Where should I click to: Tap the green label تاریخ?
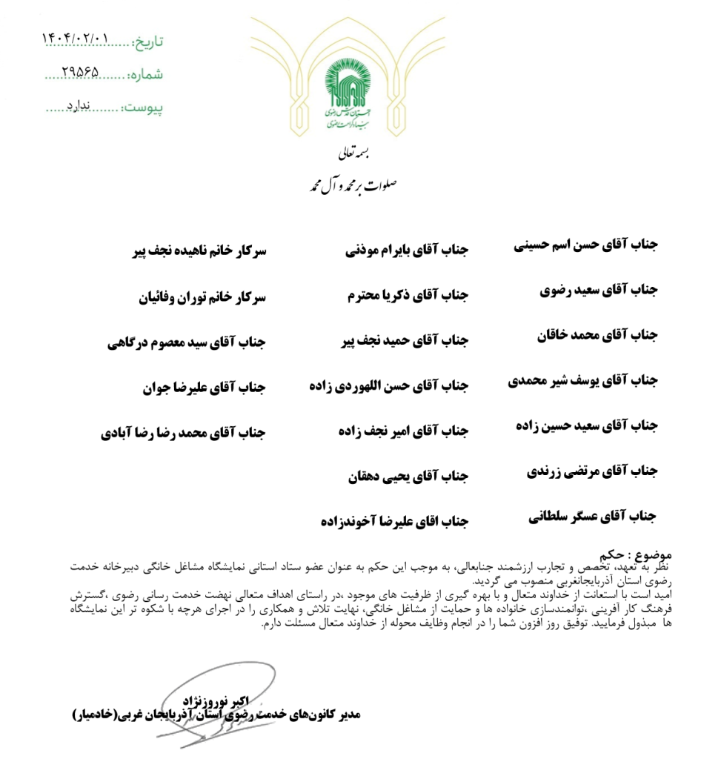pyautogui.click(x=147, y=41)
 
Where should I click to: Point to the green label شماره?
pyautogui.click(x=145, y=74)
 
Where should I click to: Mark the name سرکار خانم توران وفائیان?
pyautogui.click(x=202, y=296)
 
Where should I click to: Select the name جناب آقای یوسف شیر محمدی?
pyautogui.click(x=582, y=381)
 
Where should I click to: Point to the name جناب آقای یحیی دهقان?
pyautogui.click(x=408, y=477)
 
